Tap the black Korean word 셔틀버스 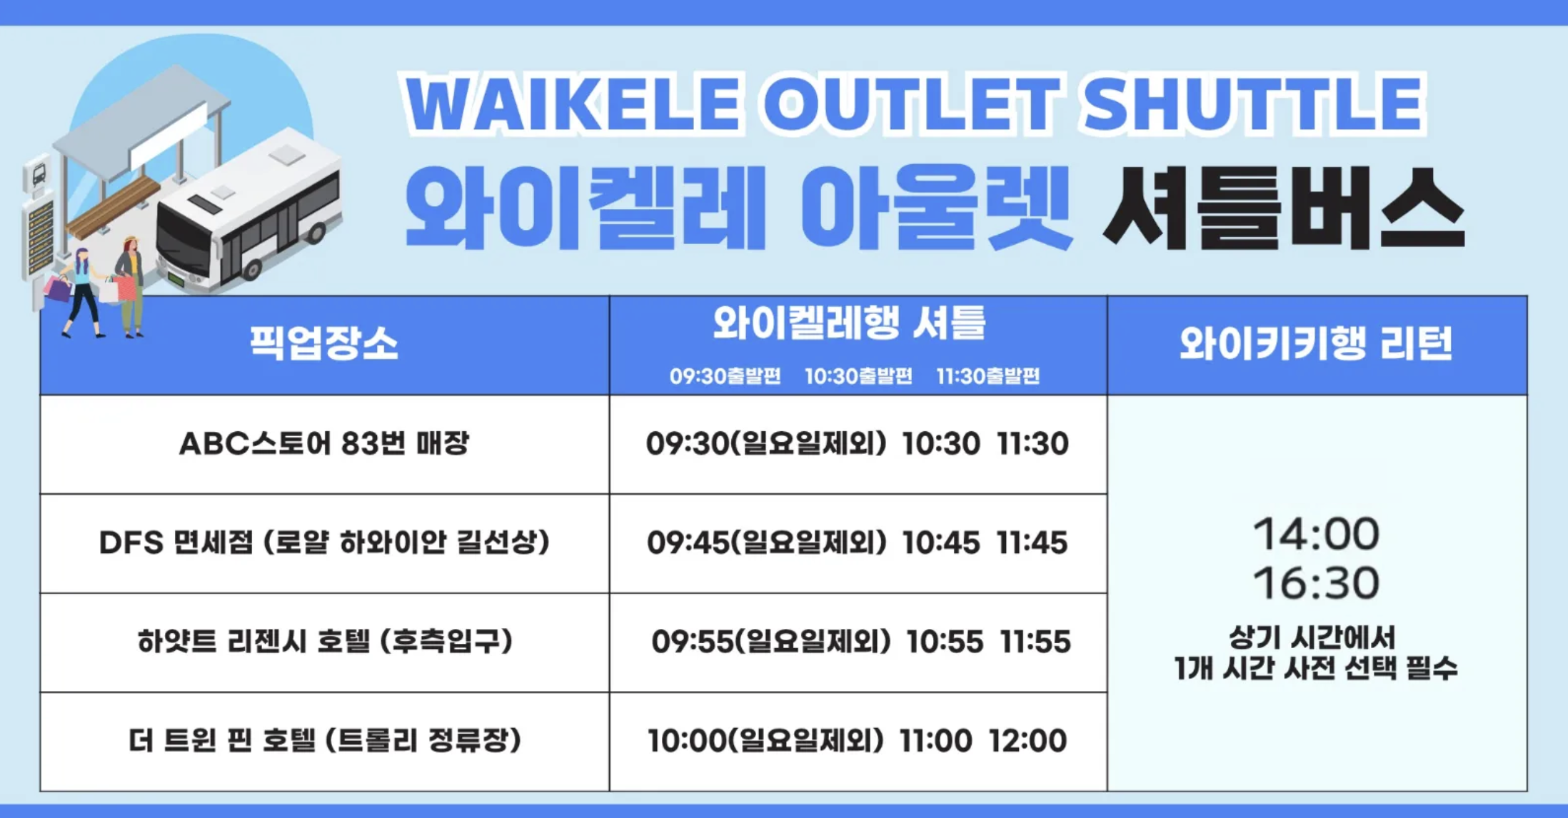(x=1283, y=208)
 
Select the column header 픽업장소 (x=323, y=343)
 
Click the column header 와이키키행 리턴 (x=1316, y=343)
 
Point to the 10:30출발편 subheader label (x=858, y=376)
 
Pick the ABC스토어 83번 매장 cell (x=324, y=443)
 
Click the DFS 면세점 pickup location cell (x=324, y=542)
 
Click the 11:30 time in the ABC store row (x=1032, y=443)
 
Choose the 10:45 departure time (x=940, y=542)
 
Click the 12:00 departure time (x=1028, y=740)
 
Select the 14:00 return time (x=1316, y=534)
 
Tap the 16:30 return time (x=1316, y=583)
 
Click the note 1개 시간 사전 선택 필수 (x=1315, y=668)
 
